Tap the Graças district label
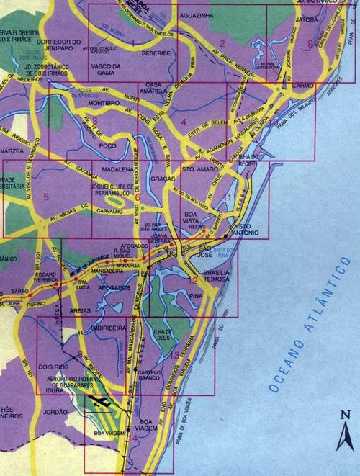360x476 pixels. pyautogui.click(x=163, y=179)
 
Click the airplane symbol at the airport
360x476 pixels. pyautogui.click(x=103, y=400)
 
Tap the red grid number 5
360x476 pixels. pyautogui.click(x=45, y=196)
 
